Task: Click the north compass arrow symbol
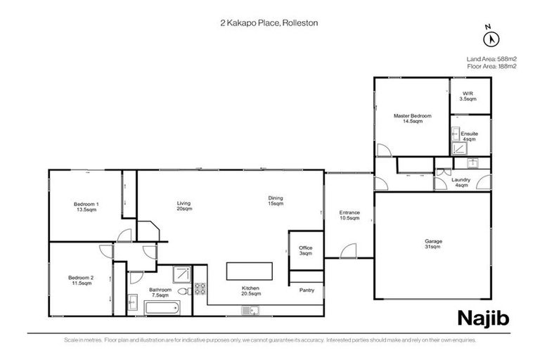pyautogui.click(x=490, y=39)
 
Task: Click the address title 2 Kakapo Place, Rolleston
pyautogui.click(x=269, y=23)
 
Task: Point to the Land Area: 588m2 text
pyautogui.click(x=491, y=58)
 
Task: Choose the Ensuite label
pyautogui.click(x=469, y=136)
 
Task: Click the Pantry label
pyautogui.click(x=307, y=290)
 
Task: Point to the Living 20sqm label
pyautogui.click(x=184, y=206)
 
